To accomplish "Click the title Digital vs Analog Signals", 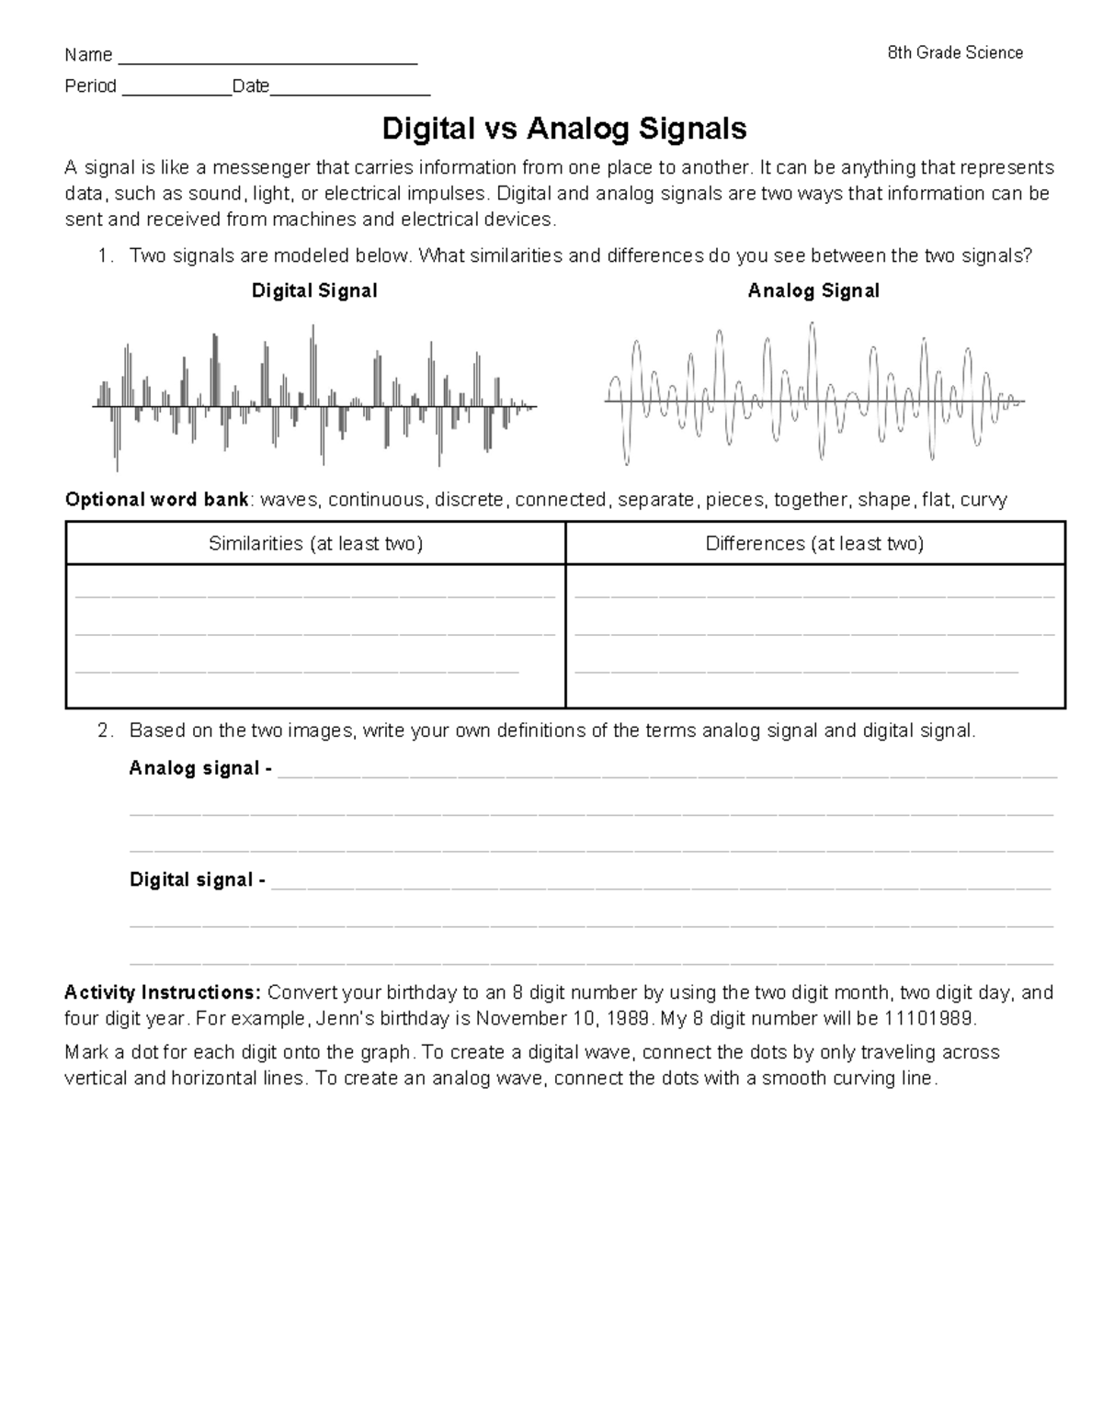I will [x=563, y=129].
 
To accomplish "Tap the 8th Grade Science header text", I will [x=955, y=53].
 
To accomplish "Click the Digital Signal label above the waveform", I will [x=314, y=291].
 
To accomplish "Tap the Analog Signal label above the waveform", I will [x=813, y=291].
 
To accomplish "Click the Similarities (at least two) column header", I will [x=315, y=544].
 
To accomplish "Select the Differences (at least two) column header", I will [x=814, y=544].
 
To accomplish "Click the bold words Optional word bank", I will [x=156, y=500].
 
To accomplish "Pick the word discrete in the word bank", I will [x=469, y=500].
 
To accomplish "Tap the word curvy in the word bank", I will [x=984, y=500].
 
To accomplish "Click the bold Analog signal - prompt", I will [x=200, y=768].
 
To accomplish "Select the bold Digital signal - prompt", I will [x=198, y=880].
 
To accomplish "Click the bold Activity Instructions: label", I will [x=164, y=993].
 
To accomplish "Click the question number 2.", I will [x=105, y=731].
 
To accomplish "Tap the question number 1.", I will [x=105, y=256].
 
